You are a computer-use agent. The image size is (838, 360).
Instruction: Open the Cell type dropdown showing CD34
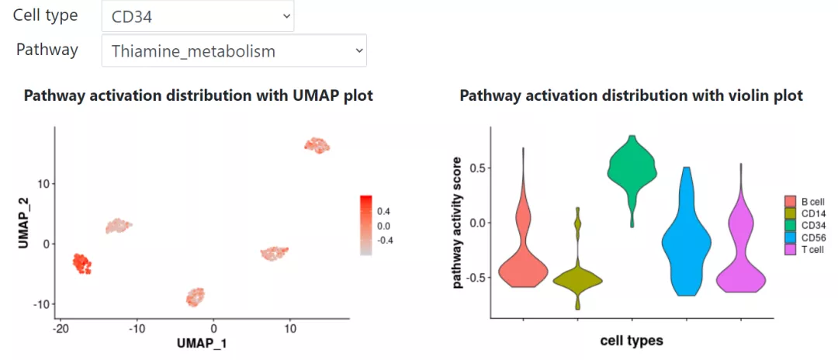click(197, 16)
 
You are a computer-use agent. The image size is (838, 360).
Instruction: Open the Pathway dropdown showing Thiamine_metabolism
click(234, 51)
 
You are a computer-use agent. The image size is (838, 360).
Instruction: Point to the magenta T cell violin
click(740, 268)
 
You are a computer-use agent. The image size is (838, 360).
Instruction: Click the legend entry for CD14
click(808, 213)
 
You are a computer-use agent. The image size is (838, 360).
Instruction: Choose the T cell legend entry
click(809, 249)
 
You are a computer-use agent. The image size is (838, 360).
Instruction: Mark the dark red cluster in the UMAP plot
click(81, 262)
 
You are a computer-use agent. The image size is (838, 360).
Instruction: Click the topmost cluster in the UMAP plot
click(317, 145)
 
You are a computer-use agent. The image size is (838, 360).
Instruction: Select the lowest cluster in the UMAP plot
click(196, 296)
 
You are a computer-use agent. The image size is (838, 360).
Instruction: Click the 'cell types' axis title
click(632, 340)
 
